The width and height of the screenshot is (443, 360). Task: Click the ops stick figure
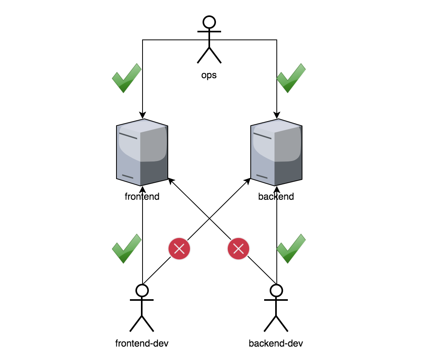coord(209,39)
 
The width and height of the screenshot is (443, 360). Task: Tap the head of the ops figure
coord(209,22)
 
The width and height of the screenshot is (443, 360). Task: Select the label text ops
coord(209,75)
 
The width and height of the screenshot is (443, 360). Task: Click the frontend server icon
coord(142,152)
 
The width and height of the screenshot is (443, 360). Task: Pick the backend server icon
coord(276,152)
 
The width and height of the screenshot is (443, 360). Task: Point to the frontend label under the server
coord(142,196)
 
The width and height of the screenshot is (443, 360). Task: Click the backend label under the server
coord(276,196)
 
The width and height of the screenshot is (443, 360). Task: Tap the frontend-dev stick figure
coord(141,308)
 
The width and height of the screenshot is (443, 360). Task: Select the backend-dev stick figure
coord(276,308)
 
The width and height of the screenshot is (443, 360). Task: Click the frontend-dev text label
coord(142,343)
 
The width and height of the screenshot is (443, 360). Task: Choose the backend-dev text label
coord(276,343)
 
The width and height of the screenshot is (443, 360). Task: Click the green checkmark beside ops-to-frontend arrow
coord(127,78)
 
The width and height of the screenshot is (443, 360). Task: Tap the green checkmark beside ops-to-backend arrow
coord(291,78)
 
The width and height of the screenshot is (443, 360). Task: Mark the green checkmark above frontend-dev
coord(127,248)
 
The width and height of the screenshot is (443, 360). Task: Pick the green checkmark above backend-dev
coord(291,248)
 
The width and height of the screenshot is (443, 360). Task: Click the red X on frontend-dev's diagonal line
coord(179,249)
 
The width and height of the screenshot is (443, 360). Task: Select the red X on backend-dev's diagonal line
coord(238,249)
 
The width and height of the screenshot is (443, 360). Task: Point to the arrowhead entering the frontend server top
coord(143,115)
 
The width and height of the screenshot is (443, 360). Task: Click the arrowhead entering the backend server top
coord(277,115)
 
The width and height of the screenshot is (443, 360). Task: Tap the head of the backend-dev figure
coord(276,291)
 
